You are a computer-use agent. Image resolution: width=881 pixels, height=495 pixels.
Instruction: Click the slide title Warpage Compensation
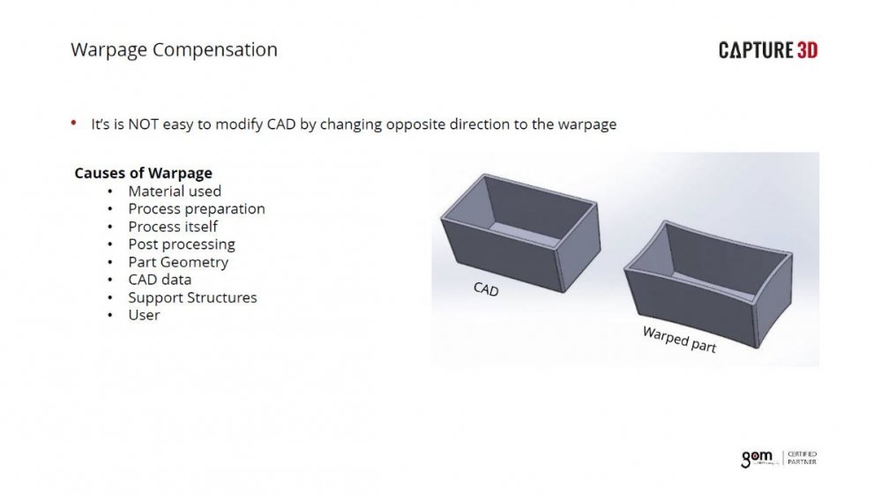tap(174, 49)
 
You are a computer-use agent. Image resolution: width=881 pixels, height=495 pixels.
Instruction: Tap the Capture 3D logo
tap(767, 50)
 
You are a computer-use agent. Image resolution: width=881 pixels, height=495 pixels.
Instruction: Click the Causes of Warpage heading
tap(143, 173)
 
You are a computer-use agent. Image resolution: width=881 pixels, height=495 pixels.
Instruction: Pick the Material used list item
tap(175, 191)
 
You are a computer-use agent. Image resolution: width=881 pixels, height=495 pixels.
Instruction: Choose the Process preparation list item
tap(196, 208)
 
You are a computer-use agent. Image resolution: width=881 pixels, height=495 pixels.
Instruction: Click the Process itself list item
tap(173, 226)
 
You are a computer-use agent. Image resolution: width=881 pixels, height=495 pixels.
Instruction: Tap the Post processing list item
tap(182, 244)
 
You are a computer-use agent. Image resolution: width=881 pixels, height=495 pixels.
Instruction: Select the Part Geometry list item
tap(178, 262)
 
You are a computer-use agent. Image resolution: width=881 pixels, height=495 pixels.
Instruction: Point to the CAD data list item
tap(160, 280)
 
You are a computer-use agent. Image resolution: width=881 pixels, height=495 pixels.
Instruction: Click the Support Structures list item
tap(192, 297)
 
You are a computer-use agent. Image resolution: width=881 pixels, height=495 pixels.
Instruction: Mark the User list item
tap(144, 315)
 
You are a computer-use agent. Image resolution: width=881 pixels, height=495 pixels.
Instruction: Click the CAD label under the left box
tap(486, 289)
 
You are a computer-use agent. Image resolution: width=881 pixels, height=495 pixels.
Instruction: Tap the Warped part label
tap(678, 340)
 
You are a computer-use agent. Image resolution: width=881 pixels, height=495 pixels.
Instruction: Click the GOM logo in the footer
tap(756, 458)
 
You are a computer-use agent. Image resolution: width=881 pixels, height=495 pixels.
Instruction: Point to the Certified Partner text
tap(802, 458)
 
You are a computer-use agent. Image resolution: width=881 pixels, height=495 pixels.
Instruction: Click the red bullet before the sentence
tap(74, 124)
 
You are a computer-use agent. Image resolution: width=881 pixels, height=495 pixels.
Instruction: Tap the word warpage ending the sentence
tap(586, 124)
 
